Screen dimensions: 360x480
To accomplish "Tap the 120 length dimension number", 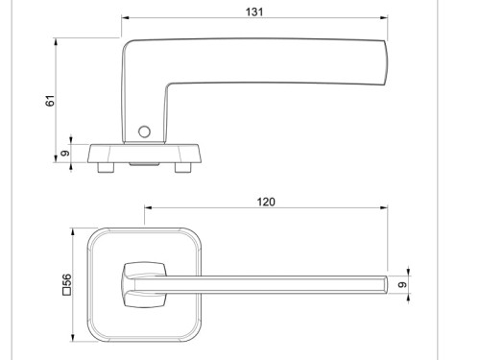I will (266, 202).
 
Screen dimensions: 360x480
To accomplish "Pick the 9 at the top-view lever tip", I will (404, 284).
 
